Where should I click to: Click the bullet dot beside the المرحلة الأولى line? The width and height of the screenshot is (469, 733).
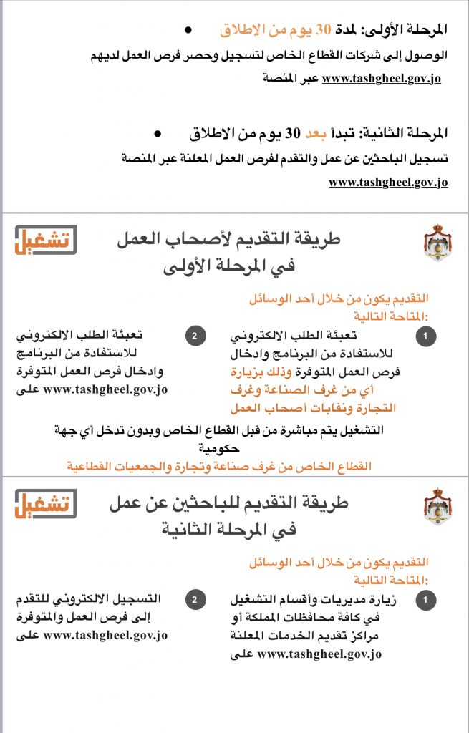(188, 30)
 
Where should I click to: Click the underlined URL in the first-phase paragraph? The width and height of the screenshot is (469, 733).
(381, 79)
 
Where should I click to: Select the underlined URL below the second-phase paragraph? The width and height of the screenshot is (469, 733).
(388, 183)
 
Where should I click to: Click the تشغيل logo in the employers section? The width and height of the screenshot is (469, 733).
(46, 240)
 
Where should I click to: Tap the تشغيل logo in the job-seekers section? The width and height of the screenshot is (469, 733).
(46, 505)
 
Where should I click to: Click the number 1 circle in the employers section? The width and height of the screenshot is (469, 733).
(426, 336)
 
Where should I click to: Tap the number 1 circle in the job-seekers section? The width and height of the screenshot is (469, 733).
(426, 600)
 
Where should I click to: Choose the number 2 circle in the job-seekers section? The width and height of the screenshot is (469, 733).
(194, 600)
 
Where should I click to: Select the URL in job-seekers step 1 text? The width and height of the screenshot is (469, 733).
(319, 654)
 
